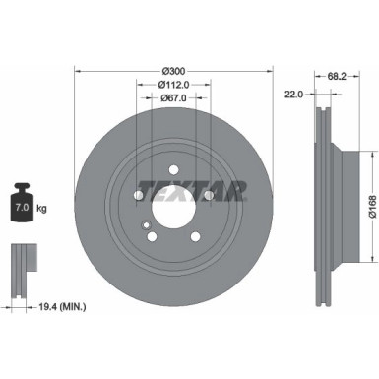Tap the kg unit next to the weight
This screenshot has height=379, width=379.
[x=41, y=210]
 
